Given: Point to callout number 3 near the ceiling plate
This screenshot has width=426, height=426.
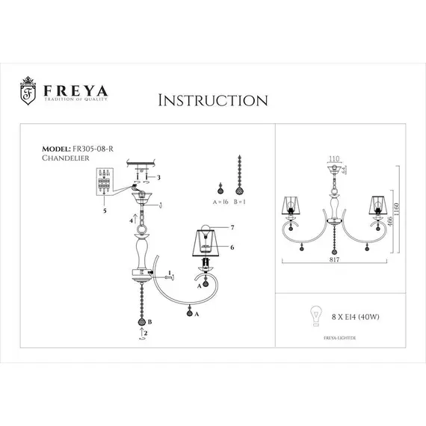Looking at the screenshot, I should (x=158, y=177).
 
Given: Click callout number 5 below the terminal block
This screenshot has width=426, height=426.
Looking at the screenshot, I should (x=105, y=212).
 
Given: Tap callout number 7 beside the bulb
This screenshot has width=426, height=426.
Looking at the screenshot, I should (x=232, y=226).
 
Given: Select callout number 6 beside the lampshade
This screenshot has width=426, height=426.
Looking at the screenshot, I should (x=232, y=247).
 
